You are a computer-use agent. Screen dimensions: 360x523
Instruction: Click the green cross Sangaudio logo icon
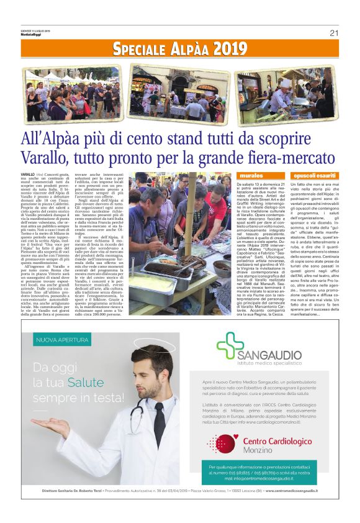230,345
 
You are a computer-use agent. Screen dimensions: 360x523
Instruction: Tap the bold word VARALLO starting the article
27,176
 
